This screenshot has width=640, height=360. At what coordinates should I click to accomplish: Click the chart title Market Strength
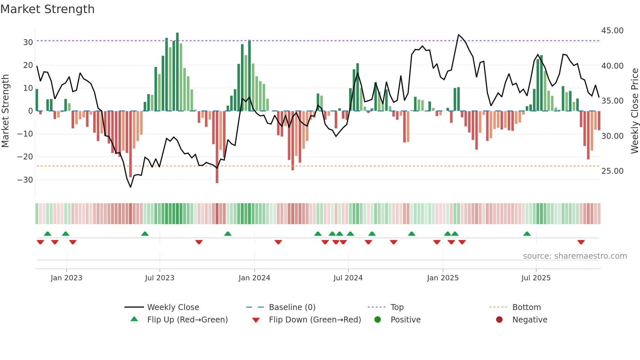[47, 9]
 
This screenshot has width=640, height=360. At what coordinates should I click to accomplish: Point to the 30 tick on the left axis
[28, 42]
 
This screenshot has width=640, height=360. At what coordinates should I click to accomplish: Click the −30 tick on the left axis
[25, 180]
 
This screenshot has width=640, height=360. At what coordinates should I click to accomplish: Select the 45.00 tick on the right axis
[612, 31]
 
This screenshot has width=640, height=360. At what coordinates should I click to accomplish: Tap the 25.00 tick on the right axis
[612, 171]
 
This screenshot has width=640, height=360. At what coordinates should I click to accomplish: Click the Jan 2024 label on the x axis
[254, 278]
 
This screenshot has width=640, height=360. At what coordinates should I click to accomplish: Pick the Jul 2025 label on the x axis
[536, 278]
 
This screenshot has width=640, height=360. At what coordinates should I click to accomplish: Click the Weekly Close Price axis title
[634, 111]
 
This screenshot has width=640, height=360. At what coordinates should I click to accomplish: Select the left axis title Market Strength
[5, 111]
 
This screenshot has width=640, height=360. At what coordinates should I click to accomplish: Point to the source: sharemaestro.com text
[575, 256]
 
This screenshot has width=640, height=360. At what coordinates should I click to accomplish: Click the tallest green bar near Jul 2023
[177, 72]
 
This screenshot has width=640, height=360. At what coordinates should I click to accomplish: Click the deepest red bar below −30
[217, 147]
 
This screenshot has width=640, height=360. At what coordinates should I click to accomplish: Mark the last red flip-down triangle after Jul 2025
[581, 242]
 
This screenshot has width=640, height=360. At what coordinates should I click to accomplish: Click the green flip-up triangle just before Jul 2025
[527, 234]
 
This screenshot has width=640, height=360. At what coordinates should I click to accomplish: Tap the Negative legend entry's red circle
[499, 320]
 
